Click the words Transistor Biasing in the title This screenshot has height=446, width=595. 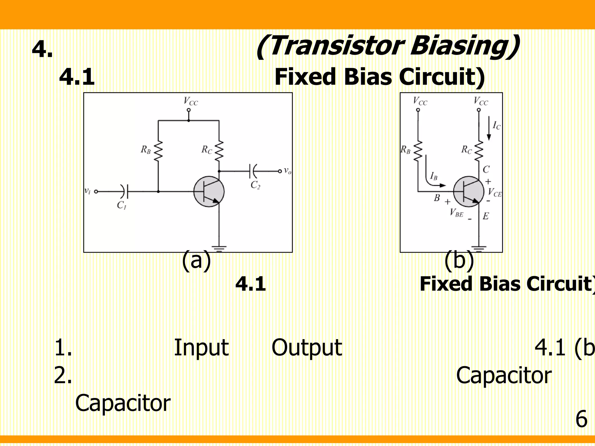[388, 46]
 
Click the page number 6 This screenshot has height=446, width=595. [581, 419]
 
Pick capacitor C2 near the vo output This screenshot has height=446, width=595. [253, 171]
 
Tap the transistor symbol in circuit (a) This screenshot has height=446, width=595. [209, 192]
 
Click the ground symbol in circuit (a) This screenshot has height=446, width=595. [219, 248]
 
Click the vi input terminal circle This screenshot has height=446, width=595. [96, 191]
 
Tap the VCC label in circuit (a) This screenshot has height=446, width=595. [191, 101]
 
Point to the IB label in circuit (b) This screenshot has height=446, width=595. [434, 176]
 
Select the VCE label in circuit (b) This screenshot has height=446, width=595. [495, 192]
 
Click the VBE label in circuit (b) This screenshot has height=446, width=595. [456, 213]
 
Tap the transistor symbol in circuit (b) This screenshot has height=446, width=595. [468, 192]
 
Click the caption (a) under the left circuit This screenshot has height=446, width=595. [196, 260]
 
